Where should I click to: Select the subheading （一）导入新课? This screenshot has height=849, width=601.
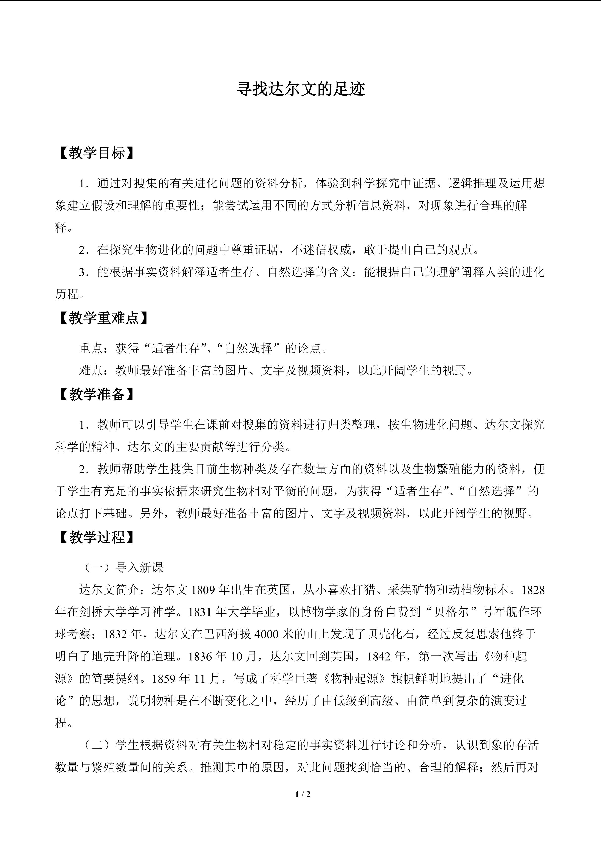(122, 567)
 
